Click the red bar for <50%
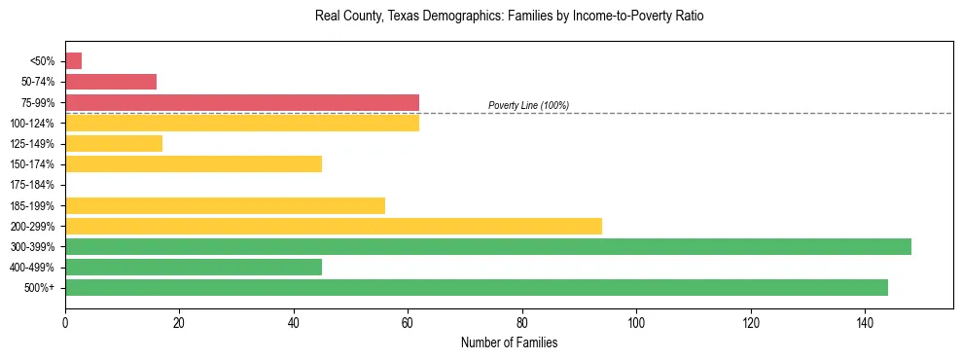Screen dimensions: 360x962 tap(73, 61)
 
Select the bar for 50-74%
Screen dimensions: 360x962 tap(111, 82)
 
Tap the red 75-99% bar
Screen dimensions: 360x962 tap(242, 102)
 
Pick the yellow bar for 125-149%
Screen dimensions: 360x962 tap(114, 144)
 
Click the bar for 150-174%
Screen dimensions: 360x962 tap(194, 164)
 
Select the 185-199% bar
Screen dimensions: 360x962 tap(225, 205)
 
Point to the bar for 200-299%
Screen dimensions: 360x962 tap(334, 226)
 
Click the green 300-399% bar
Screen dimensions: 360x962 tap(488, 246)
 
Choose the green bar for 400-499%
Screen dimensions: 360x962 tap(194, 267)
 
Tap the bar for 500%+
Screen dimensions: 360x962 tap(477, 287)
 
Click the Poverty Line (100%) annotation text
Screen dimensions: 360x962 tap(528, 105)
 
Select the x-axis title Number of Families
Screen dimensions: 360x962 tap(509, 343)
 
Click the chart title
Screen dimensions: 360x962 tap(509, 17)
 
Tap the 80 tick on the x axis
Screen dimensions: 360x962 tap(522, 323)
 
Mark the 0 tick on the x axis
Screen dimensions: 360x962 tap(65, 323)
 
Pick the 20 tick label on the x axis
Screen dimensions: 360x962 tap(179, 323)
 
